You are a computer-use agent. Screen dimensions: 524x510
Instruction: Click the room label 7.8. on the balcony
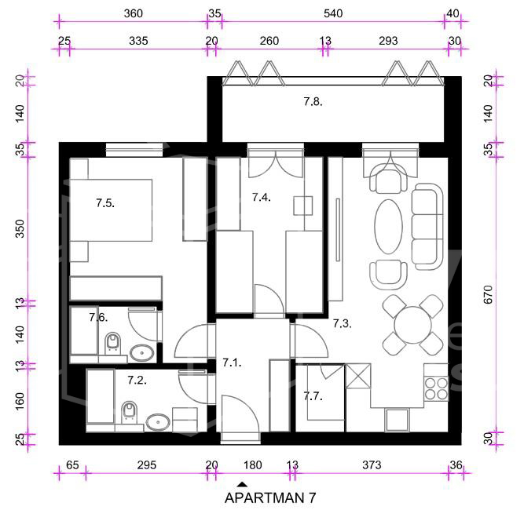coord(313,101)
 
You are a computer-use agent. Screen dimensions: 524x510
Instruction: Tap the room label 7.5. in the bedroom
coord(105,202)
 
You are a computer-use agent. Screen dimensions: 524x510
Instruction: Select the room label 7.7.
coord(313,396)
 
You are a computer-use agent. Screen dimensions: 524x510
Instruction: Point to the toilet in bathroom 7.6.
coord(112,344)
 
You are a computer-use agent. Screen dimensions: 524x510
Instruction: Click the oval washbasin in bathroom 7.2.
coord(158,422)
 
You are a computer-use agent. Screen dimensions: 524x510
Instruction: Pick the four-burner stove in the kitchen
coord(436,389)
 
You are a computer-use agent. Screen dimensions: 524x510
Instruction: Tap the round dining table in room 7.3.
coord(413,325)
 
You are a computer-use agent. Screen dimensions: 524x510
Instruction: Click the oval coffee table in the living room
coord(388,227)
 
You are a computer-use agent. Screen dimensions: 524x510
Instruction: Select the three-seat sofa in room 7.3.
coord(427,226)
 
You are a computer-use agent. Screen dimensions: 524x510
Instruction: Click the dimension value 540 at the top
coord(333,13)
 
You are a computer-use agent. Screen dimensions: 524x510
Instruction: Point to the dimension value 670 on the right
coord(488,294)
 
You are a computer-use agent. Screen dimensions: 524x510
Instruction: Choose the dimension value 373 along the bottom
coord(372,464)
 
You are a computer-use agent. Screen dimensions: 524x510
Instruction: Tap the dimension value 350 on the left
coord(20,228)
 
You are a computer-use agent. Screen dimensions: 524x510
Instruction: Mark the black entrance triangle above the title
coord(243,484)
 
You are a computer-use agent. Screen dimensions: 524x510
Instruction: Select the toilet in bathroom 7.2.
coord(130,413)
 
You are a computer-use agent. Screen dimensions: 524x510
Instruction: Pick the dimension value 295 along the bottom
coord(147,464)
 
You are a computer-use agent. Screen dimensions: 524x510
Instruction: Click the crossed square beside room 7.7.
coord(358,376)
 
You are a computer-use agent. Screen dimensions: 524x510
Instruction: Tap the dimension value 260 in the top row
coord(269,41)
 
